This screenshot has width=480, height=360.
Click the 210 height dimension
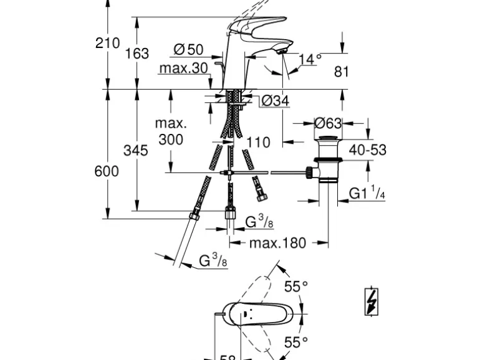(x=107, y=43)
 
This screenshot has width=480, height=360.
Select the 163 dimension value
(x=137, y=54)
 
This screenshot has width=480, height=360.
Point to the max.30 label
(x=183, y=68)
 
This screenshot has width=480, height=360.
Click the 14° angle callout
(x=310, y=59)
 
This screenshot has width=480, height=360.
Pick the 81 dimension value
(x=341, y=72)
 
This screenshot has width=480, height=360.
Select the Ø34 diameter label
(x=276, y=100)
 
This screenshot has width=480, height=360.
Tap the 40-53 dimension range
(x=367, y=149)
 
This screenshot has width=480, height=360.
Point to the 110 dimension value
(x=258, y=143)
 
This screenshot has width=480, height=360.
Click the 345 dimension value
(x=136, y=150)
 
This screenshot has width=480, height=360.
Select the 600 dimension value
(x=107, y=171)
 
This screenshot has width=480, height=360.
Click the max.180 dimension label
(x=278, y=243)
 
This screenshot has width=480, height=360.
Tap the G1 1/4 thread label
(x=367, y=194)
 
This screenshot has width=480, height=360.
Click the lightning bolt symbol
(x=372, y=303)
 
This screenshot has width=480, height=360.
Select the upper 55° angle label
(x=296, y=287)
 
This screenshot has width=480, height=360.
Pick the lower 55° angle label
(x=296, y=341)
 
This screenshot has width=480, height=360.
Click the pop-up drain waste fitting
(x=327, y=158)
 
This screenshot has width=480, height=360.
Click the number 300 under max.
(x=171, y=140)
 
